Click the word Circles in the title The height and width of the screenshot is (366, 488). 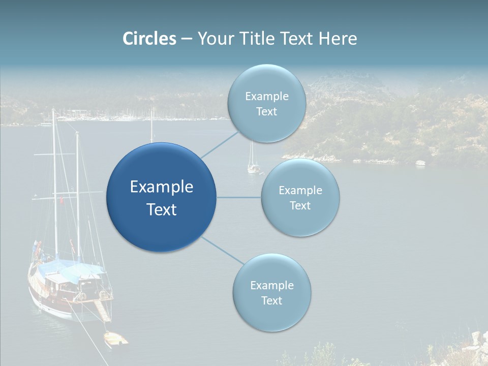(x=149, y=39)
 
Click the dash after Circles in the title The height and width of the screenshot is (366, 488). (x=187, y=39)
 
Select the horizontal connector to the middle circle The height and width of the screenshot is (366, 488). (x=238, y=197)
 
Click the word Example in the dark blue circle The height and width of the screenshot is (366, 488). (x=162, y=187)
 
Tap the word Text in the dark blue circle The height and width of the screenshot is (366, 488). (x=162, y=209)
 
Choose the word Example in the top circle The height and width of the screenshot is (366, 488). (x=267, y=97)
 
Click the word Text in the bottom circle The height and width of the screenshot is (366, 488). (x=271, y=301)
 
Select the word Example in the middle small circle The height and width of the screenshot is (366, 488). (x=300, y=191)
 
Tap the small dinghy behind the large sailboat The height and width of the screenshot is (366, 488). (x=115, y=339)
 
